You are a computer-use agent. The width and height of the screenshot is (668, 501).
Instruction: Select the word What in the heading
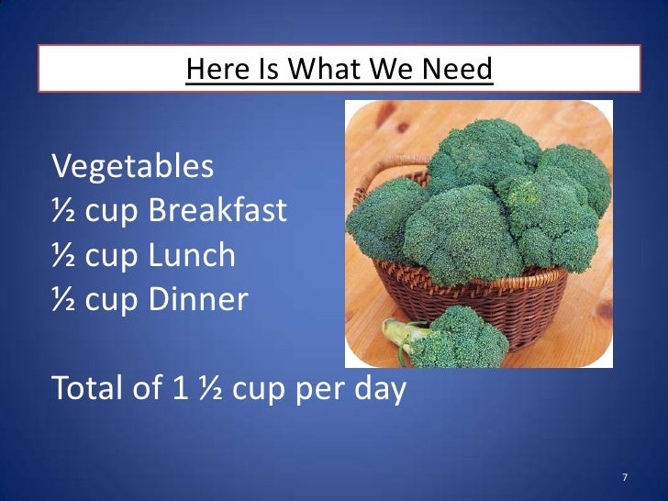coord(317,69)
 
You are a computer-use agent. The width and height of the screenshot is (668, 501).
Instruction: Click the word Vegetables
coord(133,168)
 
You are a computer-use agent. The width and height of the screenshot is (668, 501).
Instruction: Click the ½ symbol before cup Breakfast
coord(64,212)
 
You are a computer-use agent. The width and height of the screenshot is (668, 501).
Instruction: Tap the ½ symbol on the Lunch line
coord(64,256)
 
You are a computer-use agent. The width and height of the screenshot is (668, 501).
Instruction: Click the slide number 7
coord(624,478)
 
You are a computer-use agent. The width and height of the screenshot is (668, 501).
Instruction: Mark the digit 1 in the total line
coord(181,389)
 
